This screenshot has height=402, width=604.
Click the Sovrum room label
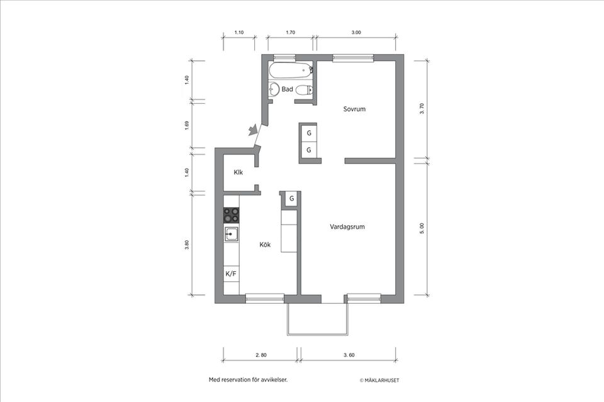[x=354, y=109]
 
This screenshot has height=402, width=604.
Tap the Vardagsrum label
[x=347, y=226]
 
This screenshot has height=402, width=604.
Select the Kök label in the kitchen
[x=265, y=245]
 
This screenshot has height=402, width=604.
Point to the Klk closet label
[x=238, y=172]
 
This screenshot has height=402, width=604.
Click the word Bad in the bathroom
[x=287, y=89]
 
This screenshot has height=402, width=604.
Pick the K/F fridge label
[x=231, y=274]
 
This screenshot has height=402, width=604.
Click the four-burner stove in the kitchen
[x=232, y=215]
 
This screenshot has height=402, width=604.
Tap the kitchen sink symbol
[x=231, y=234]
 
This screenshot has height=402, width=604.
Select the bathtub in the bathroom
[x=290, y=70]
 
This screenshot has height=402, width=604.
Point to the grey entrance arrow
[x=253, y=130]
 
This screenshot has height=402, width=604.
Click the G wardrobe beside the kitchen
[x=291, y=199]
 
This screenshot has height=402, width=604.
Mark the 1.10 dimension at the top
[x=239, y=31]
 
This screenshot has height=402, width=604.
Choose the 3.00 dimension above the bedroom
[x=356, y=31]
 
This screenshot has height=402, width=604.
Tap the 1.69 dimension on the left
[x=187, y=125]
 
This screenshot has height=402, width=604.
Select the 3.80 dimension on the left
[x=187, y=245]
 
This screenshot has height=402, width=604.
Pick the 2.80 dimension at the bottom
[x=261, y=355]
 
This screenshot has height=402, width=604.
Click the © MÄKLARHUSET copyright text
[x=379, y=381]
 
